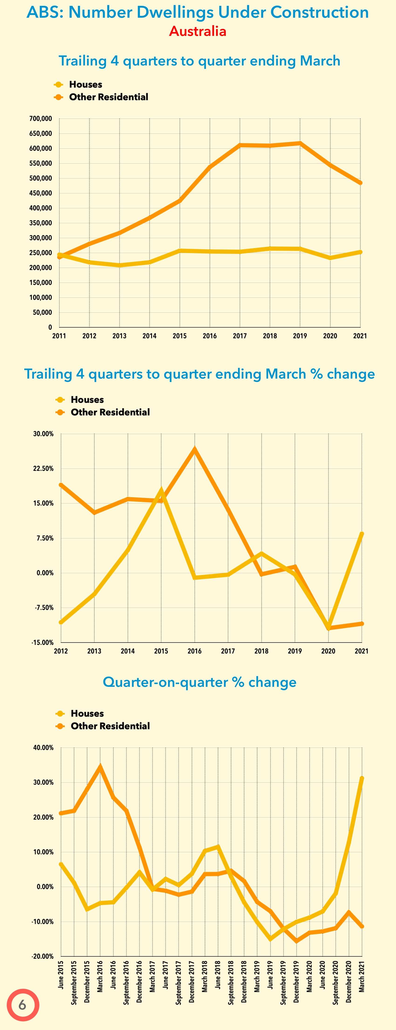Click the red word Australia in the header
(x=197, y=31)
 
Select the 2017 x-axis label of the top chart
(x=240, y=336)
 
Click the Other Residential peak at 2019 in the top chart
(x=300, y=143)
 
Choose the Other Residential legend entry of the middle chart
(x=110, y=412)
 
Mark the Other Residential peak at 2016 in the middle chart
(x=195, y=448)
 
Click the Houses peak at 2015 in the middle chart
(x=161, y=489)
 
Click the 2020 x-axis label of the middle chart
(x=328, y=651)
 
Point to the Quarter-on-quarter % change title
(x=199, y=682)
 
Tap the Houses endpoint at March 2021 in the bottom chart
(x=362, y=778)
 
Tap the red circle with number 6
(x=22, y=1005)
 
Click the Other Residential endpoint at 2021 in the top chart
(x=360, y=183)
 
